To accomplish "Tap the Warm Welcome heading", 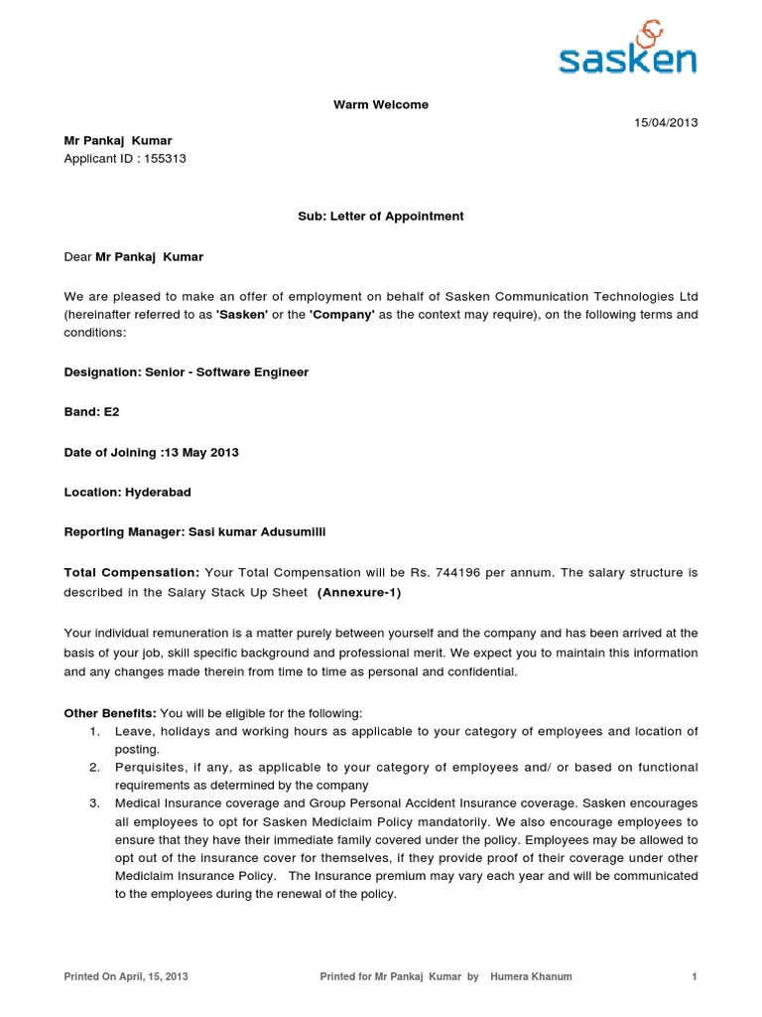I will pyautogui.click(x=381, y=104).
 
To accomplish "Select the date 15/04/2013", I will pyautogui.click(x=667, y=122).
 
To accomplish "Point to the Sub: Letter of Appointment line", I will pyautogui.click(x=381, y=216).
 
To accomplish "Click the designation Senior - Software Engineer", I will pyautogui.click(x=227, y=371).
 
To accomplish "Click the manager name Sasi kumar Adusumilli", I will pyautogui.click(x=256, y=531).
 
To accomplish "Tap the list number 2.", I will pyautogui.click(x=94, y=767).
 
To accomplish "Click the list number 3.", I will pyautogui.click(x=94, y=802).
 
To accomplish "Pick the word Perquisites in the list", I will pyautogui.click(x=147, y=767).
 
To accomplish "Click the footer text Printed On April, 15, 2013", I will pyautogui.click(x=126, y=976).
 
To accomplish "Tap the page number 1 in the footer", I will pyautogui.click(x=695, y=976).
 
